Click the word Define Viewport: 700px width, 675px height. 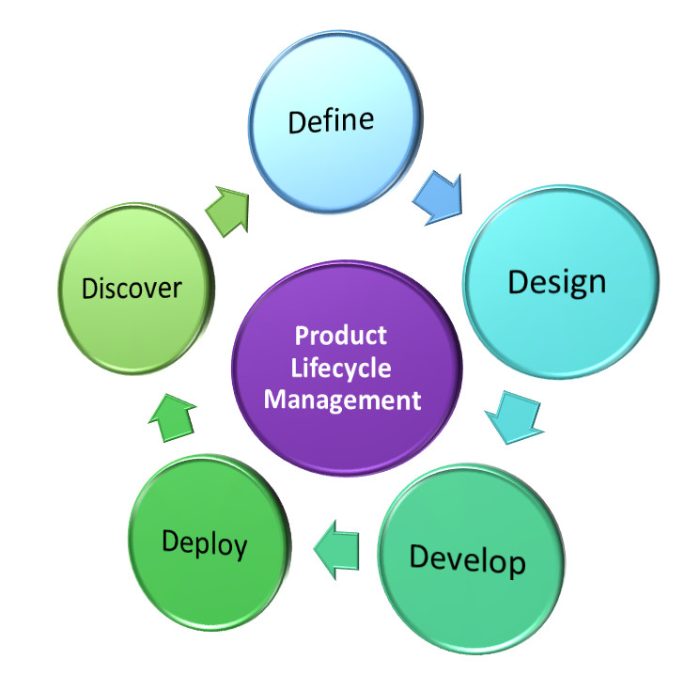(331, 121)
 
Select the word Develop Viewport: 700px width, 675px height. (467, 560)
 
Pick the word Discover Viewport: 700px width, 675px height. (131, 288)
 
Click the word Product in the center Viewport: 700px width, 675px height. (341, 336)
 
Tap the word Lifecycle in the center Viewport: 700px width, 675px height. (341, 368)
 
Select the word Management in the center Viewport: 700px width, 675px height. (341, 400)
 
